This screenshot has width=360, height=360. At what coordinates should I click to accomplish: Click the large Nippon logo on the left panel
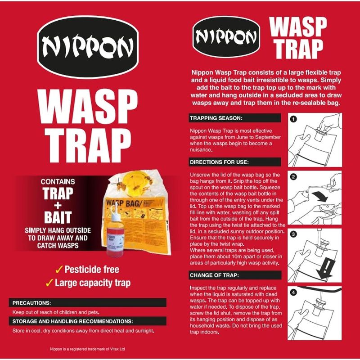88,47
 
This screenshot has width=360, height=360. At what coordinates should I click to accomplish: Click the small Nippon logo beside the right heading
226,37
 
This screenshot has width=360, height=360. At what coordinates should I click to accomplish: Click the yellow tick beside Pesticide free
59,270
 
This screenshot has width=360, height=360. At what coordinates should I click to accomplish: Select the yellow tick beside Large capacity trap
49,283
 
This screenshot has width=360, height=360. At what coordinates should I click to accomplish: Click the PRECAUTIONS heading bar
87,302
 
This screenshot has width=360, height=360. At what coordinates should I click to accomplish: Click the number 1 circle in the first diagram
293,119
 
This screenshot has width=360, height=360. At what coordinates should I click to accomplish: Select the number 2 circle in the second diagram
293,177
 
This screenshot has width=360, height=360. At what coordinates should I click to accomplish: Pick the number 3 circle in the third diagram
293,234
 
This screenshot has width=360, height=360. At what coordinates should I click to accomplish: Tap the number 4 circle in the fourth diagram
293,292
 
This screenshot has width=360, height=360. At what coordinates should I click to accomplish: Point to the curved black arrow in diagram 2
320,196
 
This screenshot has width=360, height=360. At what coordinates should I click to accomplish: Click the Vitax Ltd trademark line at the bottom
87,349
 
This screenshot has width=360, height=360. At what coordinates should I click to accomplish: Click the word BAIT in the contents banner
58,217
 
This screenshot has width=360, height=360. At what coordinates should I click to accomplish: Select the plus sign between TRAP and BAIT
58,205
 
